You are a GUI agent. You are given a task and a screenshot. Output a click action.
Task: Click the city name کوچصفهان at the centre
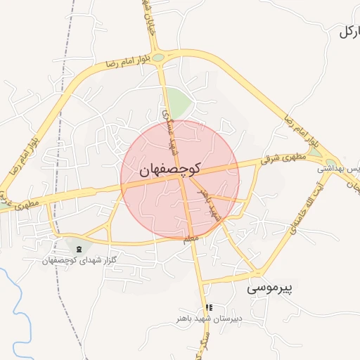170,169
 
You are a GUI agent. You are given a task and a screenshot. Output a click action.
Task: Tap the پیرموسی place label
274,288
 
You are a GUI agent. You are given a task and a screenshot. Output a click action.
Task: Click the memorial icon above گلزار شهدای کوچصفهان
78,248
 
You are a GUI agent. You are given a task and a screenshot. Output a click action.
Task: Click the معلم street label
191,240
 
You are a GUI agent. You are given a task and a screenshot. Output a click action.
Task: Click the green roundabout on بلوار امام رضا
158,58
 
